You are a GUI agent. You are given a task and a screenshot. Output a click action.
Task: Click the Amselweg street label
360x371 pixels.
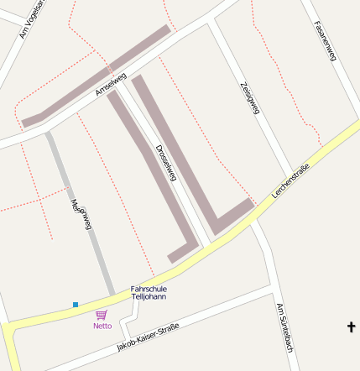click(112, 85)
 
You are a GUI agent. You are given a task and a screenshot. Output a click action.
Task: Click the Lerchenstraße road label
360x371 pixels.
click(290, 183)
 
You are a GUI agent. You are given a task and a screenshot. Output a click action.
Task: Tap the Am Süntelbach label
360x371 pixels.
click(284, 327)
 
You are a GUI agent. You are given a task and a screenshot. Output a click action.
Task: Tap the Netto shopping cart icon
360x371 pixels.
click(102, 315)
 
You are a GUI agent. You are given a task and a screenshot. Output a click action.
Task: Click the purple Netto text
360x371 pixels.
click(102, 326)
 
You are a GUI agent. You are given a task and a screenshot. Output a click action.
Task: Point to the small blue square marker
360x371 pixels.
click(76, 304)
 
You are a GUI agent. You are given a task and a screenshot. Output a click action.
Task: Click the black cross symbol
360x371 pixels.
click(351, 327)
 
